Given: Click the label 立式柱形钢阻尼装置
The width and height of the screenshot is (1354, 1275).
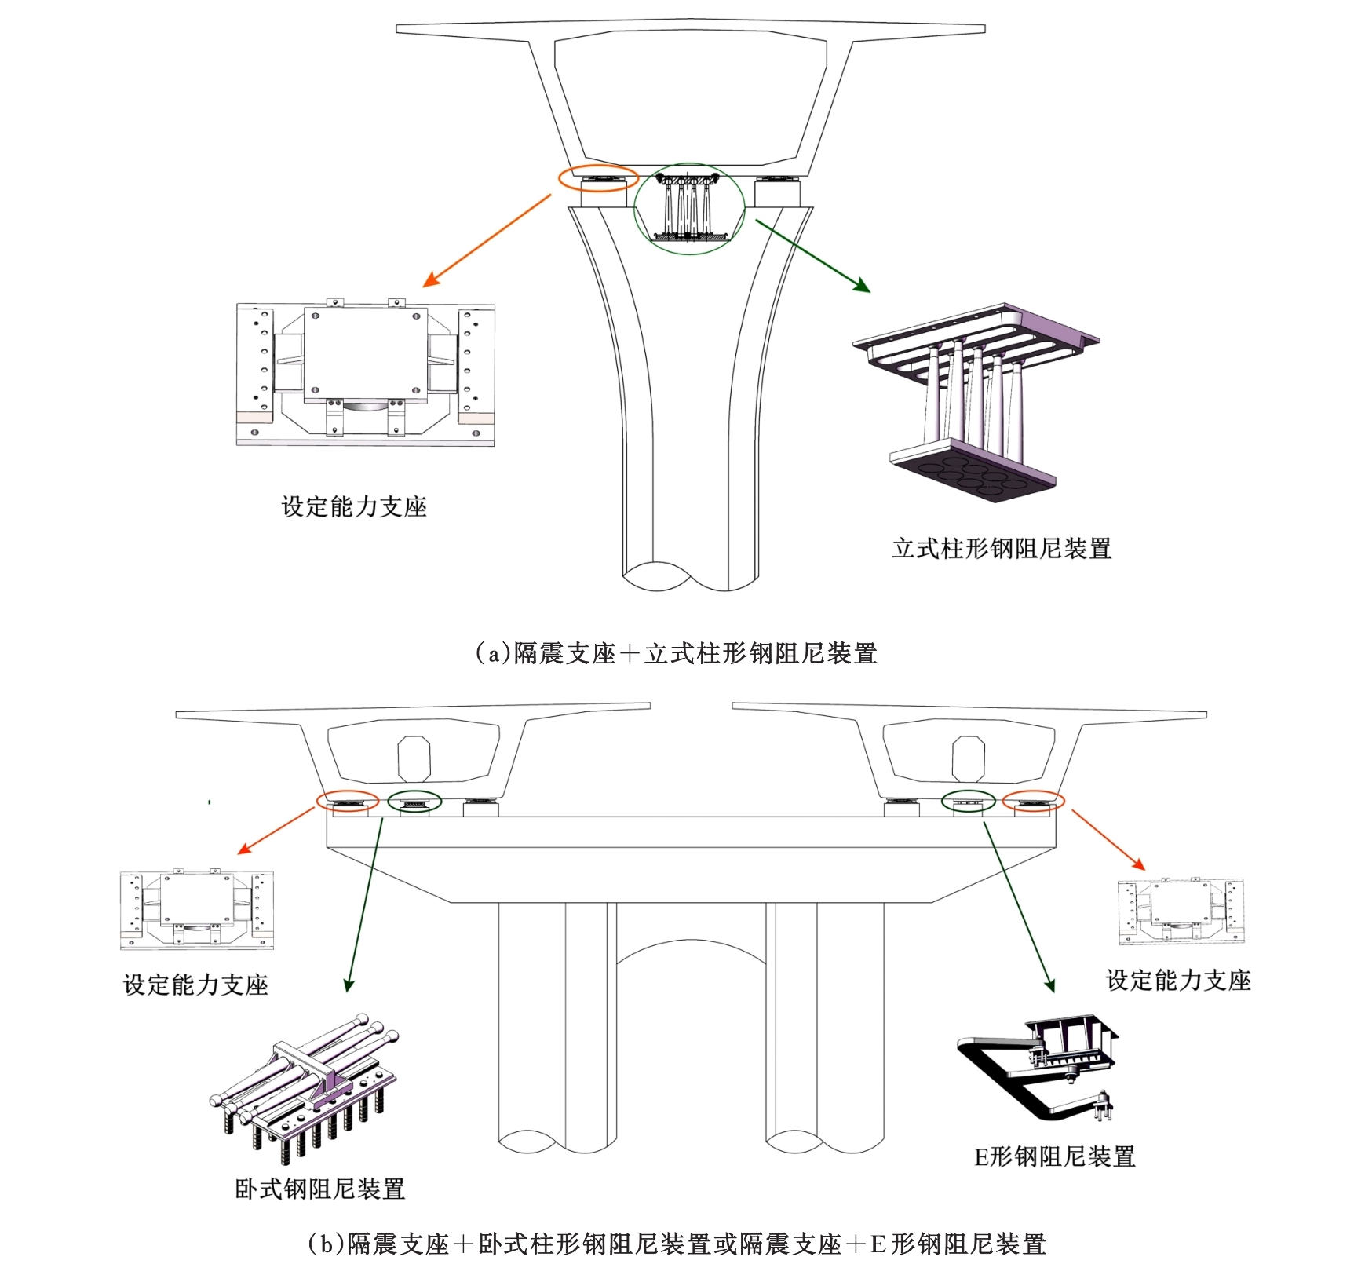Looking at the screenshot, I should click(1002, 548).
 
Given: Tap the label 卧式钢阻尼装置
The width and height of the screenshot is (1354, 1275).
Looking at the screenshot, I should click(320, 1189).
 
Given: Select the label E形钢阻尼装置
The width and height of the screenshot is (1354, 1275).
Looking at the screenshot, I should click(1055, 1156).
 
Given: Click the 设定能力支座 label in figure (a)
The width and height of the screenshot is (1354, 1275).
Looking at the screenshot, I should click(354, 506).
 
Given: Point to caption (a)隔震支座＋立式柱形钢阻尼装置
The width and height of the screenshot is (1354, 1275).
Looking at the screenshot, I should click(677, 653).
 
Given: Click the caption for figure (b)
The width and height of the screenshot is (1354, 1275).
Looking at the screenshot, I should click(677, 1244).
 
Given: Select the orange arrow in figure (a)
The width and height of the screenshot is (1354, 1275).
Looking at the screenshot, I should click(487, 241).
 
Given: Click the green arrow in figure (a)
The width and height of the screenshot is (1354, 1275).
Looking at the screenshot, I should click(812, 256).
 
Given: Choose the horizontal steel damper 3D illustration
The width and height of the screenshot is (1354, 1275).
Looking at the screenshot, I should click(306, 1083).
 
